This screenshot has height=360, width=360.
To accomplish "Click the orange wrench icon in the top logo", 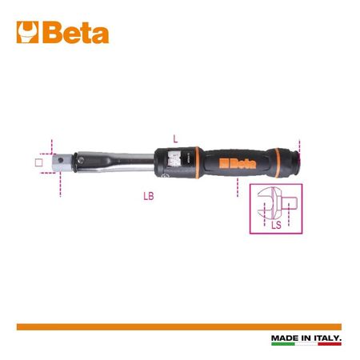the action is pyautogui.click(x=27, y=32).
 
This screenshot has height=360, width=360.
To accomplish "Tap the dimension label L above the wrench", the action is pyautogui.click(x=175, y=138).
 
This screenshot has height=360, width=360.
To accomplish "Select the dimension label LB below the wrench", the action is pyautogui.click(x=149, y=196).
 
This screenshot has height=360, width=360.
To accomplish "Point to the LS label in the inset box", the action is pyautogui.click(x=276, y=225).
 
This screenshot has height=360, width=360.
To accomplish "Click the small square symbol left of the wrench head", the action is pyautogui.click(x=39, y=162).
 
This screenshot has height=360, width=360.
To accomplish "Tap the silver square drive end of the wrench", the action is pyautogui.click(x=62, y=162).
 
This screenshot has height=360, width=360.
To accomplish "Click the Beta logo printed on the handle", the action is pyautogui.click(x=238, y=164).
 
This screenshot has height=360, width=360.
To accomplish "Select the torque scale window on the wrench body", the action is pyautogui.click(x=174, y=160).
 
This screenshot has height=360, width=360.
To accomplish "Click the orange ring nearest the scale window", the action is pyautogui.click(x=197, y=162).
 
